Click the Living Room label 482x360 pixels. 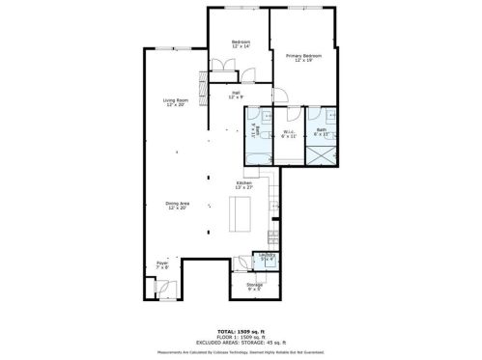(x=175, y=100)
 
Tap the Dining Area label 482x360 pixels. (x=177, y=203)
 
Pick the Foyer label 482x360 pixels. (x=161, y=264)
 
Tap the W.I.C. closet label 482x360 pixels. (x=289, y=134)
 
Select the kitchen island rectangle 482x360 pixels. (x=237, y=213)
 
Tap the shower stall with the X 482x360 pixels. (x=320, y=154)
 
